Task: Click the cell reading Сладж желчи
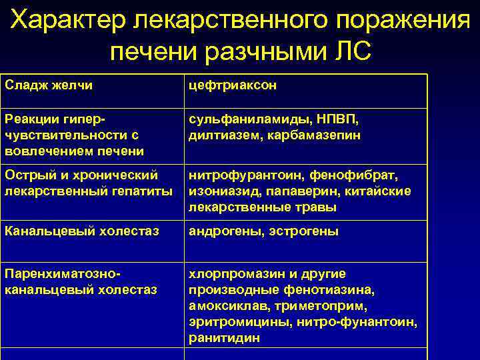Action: click(x=49, y=86)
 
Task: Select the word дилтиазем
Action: click(x=221, y=135)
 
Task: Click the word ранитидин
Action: click(x=224, y=338)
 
